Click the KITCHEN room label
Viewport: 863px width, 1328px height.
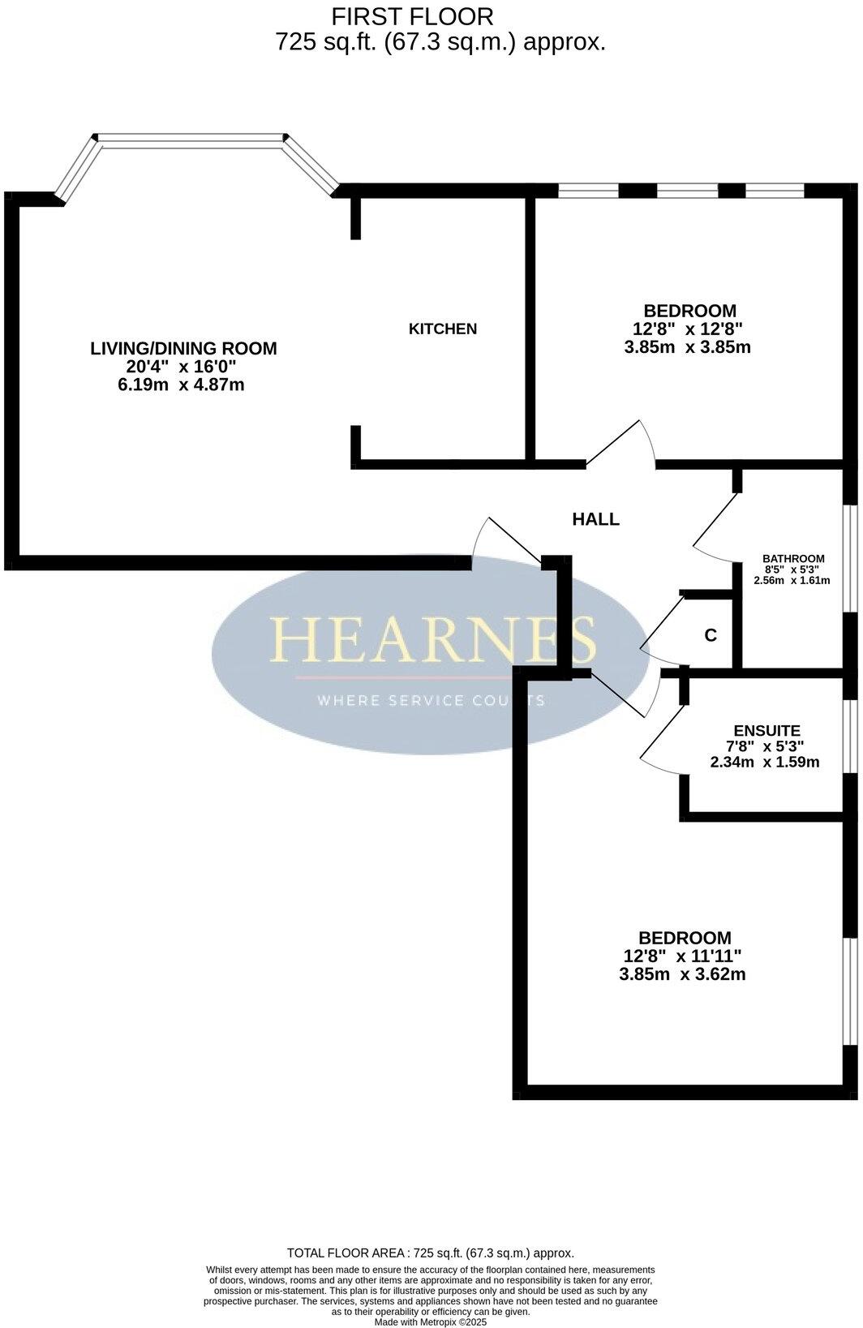442,329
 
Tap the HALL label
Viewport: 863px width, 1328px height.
595,519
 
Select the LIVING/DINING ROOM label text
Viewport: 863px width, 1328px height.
183,348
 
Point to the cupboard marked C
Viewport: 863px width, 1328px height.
711,635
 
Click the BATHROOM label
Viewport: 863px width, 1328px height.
792,558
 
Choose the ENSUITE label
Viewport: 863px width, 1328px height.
766,730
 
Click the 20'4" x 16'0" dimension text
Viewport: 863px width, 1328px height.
181,367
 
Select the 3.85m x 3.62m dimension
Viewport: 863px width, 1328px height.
681,974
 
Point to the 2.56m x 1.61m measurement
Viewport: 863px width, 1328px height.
792,580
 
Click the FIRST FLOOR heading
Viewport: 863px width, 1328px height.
412,15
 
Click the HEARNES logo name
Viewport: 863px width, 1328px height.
433,639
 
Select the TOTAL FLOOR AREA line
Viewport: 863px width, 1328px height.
430,1253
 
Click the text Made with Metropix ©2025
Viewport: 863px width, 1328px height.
431,1322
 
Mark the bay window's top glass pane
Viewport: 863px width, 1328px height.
191,141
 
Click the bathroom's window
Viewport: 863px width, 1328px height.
849,558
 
